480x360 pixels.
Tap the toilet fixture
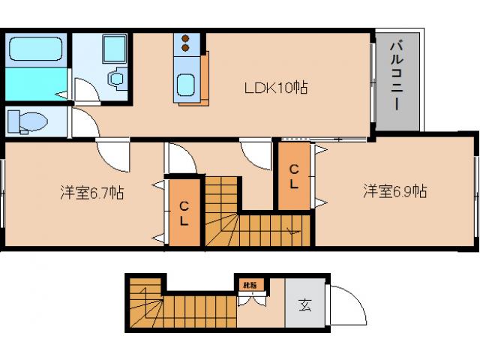[31, 120]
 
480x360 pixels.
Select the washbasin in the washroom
[116, 78]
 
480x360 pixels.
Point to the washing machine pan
[115, 49]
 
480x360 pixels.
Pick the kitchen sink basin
[185, 85]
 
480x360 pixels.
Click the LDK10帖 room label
[277, 87]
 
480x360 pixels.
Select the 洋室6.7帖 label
[92, 193]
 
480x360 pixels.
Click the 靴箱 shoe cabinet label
[248, 285]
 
